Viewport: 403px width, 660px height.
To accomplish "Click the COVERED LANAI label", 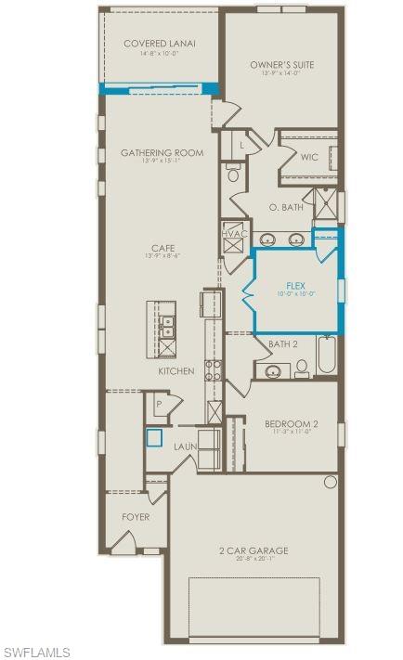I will pos(160,44).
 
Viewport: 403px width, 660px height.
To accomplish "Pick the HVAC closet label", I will pos(235,233).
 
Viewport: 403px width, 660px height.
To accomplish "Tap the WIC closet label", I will pos(309,157).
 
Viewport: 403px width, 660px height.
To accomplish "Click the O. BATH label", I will pos(286,207).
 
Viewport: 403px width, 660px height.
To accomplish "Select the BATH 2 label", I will pos(282,343).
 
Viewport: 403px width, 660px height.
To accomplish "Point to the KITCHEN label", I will pos(175,370).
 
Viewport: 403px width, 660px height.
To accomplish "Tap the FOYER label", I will pos(136,516).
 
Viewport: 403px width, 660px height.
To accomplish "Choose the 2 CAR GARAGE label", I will pos(253,550).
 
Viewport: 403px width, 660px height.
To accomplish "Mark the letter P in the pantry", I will pos(159,405).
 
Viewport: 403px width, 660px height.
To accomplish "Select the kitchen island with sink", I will pos(166,329).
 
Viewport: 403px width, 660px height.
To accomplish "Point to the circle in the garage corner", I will pos(330,482).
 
